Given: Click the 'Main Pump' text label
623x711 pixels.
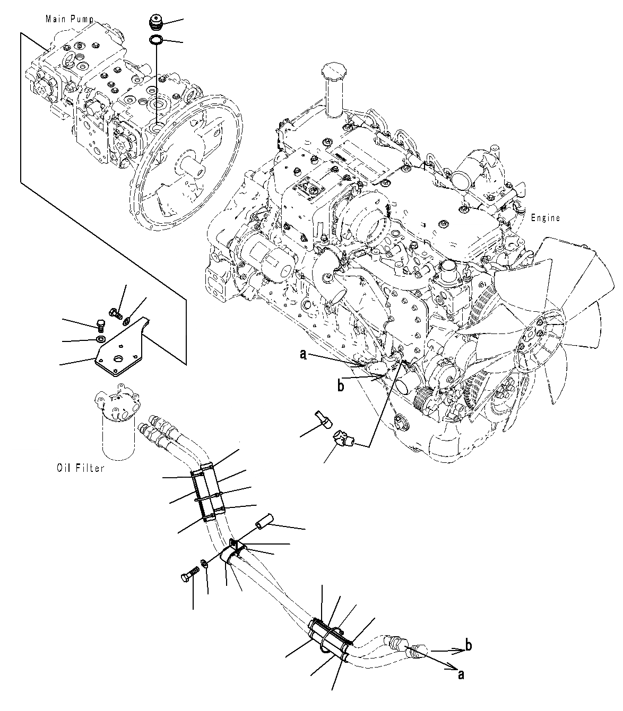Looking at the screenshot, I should coord(70,19).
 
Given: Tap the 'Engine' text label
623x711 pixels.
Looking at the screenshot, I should coord(545,218).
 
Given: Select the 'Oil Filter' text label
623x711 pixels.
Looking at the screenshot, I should coord(80,468).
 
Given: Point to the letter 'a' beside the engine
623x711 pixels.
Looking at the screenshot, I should coord(303,355).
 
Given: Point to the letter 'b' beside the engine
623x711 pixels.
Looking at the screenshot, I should coord(341,386).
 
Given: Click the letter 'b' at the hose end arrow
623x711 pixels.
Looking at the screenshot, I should coord(468,645).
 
